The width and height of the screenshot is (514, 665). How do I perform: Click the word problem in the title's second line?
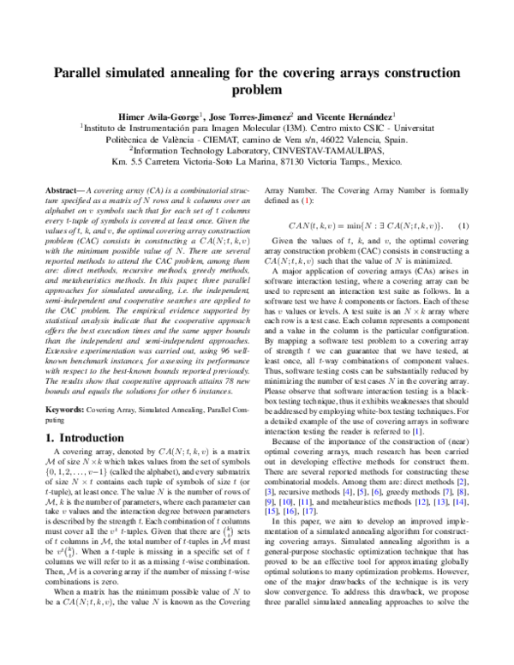click(x=256, y=89)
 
